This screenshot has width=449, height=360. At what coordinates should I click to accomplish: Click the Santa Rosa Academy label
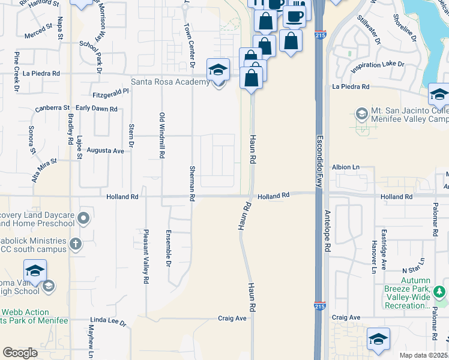[171, 82]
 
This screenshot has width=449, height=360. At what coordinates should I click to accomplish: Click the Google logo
[20, 353]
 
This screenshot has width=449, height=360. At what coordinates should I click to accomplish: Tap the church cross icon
[75, 244]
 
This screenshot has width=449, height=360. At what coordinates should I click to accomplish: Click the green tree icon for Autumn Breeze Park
[440, 292]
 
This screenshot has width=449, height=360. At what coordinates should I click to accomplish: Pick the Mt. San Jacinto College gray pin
[361, 113]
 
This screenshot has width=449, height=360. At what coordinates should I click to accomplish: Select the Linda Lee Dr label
[108, 323]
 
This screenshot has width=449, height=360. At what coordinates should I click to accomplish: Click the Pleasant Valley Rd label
[145, 256]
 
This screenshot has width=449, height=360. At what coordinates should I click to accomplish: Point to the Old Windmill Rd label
[161, 135]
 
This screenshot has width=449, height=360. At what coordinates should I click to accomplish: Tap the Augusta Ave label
[106, 151]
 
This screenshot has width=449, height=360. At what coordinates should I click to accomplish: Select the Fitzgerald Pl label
[111, 94]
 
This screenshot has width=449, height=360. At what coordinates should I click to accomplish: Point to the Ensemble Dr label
[169, 248]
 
